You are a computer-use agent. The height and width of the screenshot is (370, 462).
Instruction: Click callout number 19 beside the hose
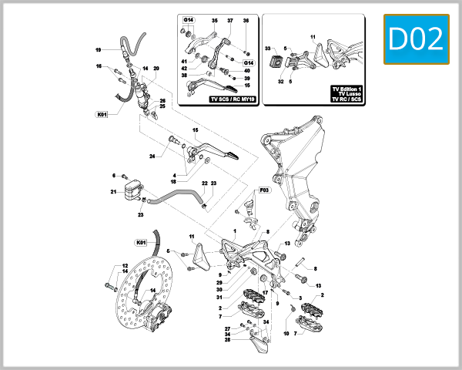[x=99, y=50]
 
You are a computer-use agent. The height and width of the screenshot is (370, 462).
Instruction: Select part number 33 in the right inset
[x=269, y=48]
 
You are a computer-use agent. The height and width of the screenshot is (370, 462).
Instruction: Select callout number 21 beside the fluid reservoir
[x=112, y=192]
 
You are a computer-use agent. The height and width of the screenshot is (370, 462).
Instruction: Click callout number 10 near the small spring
[x=286, y=333]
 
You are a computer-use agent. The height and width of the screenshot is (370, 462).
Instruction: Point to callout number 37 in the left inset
[x=229, y=21]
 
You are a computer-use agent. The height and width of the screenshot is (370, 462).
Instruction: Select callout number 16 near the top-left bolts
[x=99, y=66]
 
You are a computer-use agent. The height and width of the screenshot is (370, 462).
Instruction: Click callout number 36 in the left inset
[x=246, y=21]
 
